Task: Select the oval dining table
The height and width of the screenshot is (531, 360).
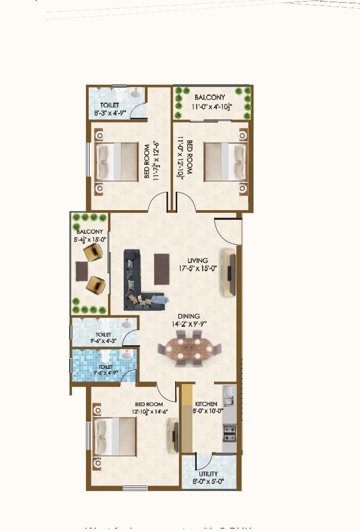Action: click(189, 348)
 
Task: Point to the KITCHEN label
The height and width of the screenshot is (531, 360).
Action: click(206, 404)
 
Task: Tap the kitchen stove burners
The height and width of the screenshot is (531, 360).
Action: click(229, 432)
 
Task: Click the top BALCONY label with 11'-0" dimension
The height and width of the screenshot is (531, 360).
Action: click(210, 97)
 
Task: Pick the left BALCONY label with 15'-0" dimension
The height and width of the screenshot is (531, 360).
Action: click(90, 232)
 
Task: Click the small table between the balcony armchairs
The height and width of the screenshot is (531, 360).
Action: click(81, 271)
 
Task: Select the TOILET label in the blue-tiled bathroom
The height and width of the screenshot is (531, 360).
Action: click(105, 367)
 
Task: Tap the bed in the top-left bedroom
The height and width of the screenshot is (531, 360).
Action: click(117, 161)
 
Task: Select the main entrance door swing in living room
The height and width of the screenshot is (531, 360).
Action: click(227, 230)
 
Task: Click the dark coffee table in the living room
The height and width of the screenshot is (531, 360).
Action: click(162, 269)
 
